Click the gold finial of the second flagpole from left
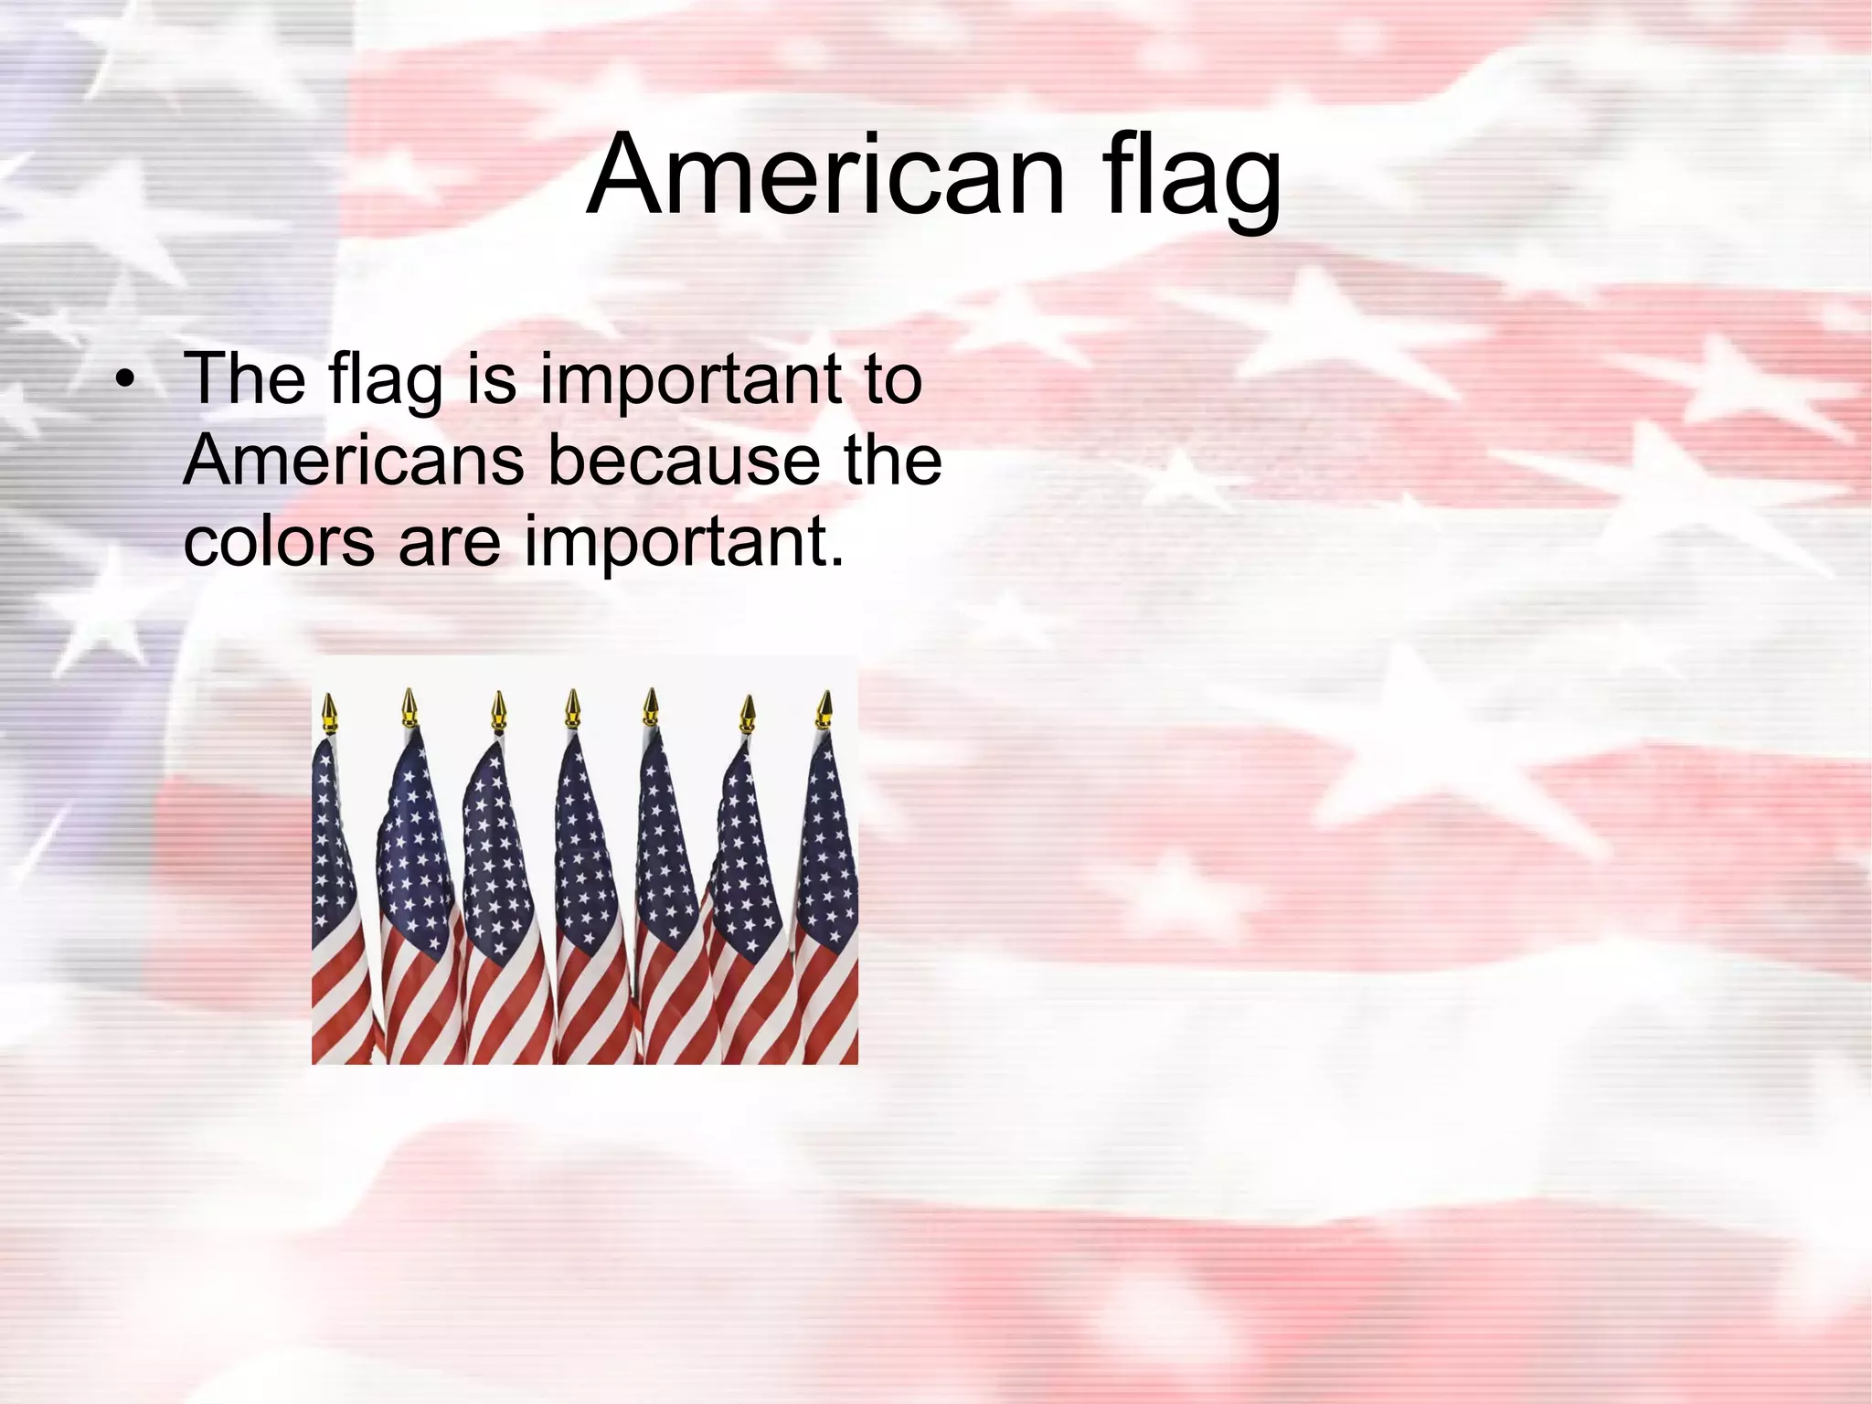409,706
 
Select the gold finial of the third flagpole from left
498,708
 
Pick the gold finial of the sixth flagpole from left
749,713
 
